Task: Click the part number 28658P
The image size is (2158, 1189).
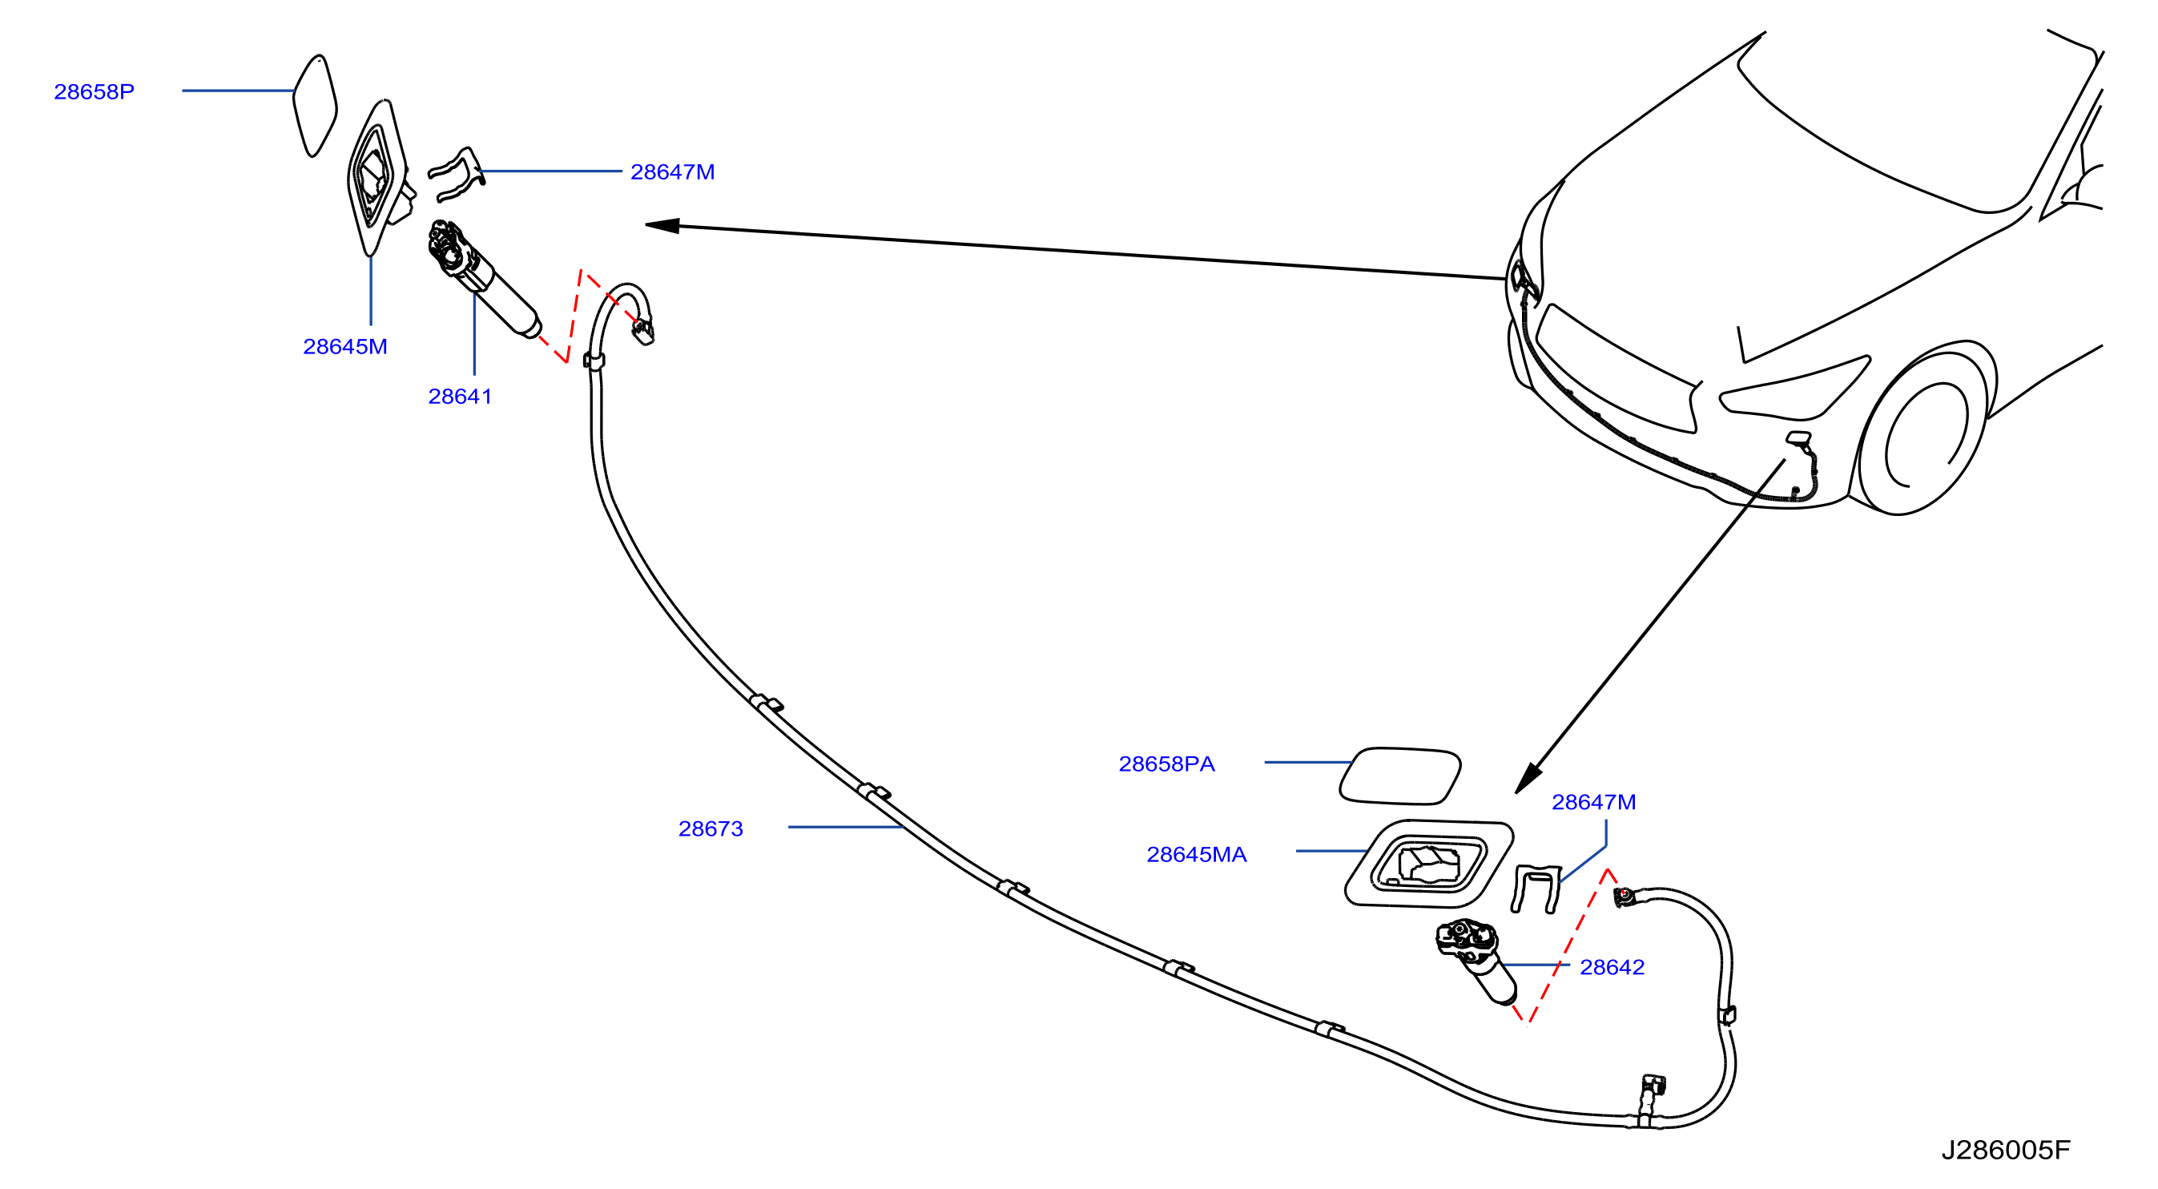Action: point(94,91)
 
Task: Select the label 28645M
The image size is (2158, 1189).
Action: point(345,346)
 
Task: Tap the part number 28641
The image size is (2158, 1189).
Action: point(460,397)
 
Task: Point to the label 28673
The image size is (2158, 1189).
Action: point(711,828)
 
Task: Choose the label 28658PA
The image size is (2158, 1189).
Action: point(1166,764)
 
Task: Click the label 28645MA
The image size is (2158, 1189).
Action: point(1196,855)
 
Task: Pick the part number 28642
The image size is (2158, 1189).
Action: point(1612,968)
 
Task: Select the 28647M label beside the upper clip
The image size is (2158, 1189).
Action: point(672,171)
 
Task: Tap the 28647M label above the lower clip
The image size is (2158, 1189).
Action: point(1593,803)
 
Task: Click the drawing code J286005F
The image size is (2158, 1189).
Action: point(2006,1151)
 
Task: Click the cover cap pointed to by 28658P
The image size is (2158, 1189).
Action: point(314,106)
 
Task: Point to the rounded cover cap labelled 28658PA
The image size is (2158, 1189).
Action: point(1400,776)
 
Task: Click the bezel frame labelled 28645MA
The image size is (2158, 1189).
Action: point(1428,863)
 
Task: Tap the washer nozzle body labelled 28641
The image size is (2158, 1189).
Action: point(483,278)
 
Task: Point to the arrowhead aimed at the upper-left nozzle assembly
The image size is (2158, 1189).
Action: point(662,225)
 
